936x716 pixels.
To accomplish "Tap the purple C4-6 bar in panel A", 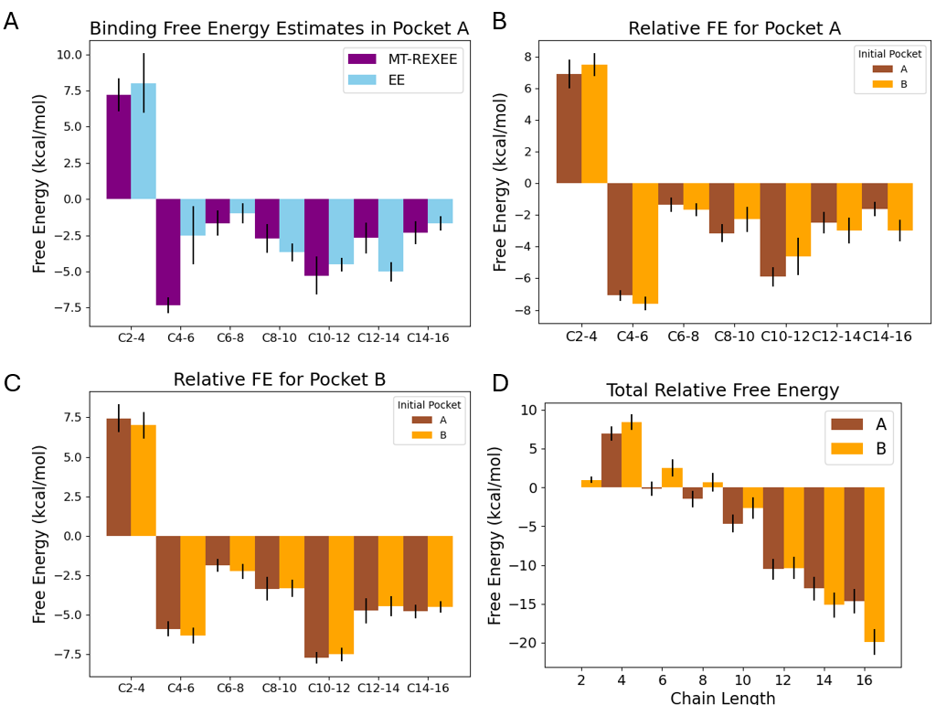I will (168, 251).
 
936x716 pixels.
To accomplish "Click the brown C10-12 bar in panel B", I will (772, 229).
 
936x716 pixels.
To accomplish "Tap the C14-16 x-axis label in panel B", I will (887, 337).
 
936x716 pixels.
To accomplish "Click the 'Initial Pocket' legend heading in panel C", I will (428, 404).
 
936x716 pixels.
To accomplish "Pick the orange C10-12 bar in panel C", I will (341, 594).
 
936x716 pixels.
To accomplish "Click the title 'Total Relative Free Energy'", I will (722, 391).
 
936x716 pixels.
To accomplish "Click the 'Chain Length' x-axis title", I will (722, 700).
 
